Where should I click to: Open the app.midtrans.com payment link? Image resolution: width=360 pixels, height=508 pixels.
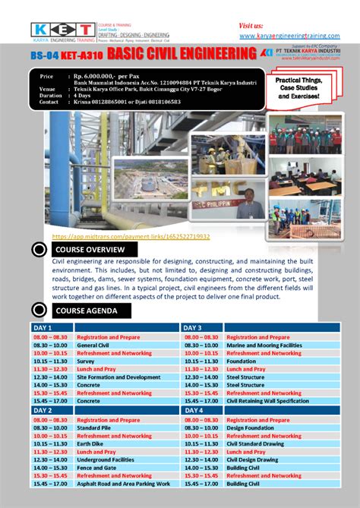tap(131, 237)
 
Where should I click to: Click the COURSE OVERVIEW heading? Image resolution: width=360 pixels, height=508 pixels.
tap(90, 250)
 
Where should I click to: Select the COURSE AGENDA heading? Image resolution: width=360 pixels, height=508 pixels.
tap(87, 311)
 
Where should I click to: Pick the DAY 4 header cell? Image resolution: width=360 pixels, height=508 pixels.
tap(193, 410)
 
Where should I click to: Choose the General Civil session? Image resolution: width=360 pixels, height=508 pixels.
tap(93, 345)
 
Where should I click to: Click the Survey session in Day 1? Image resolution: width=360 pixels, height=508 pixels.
tap(86, 361)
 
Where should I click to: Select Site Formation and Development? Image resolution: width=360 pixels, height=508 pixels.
tap(118, 377)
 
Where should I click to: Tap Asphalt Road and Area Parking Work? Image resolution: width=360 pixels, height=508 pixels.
tap(124, 483)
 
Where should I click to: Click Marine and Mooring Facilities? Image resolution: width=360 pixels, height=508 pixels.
tap(264, 345)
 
